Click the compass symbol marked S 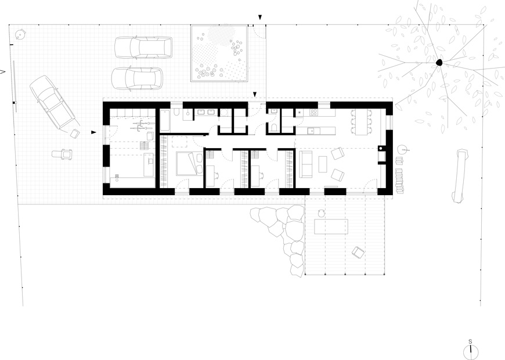click(x=471, y=351)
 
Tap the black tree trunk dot click(x=439, y=63)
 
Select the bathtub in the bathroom click(x=165, y=120)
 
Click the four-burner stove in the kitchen click(x=313, y=113)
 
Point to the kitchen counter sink click(x=312, y=131)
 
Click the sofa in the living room click(x=306, y=164)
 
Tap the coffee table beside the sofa click(x=323, y=164)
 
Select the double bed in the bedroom click(x=189, y=163)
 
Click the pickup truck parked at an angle click(x=53, y=103)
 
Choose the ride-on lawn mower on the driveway click(x=62, y=154)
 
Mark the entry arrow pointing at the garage click(x=93, y=132)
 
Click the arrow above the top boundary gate click(x=260, y=17)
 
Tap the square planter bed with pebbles click(x=219, y=53)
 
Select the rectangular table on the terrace click(x=331, y=226)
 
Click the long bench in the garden click(x=459, y=176)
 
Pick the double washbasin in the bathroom click(x=207, y=113)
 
